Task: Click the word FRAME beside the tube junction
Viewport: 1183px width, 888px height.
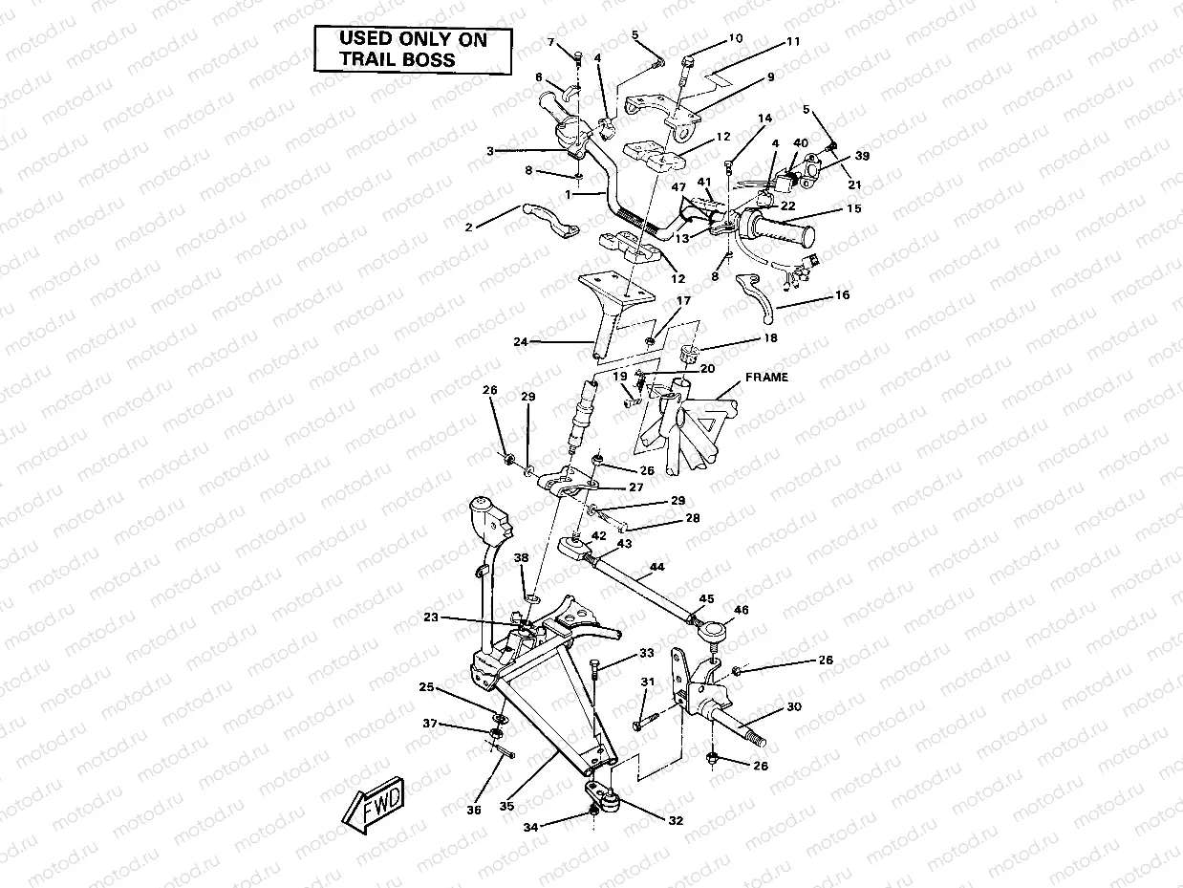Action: pos(767,378)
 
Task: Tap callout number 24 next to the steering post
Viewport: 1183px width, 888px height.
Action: pos(520,341)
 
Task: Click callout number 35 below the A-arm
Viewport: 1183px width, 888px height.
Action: pos(505,806)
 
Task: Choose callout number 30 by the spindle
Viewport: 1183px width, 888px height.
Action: pos(793,707)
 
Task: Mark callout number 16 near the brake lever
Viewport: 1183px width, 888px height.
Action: pos(842,295)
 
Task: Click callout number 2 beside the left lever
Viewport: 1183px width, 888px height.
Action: pos(467,227)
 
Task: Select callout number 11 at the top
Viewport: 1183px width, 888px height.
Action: pos(793,42)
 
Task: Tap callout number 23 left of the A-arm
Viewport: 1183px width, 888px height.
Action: pos(432,617)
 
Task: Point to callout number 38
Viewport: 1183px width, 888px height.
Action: pos(521,557)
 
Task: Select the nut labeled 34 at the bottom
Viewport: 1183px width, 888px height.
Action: pos(593,812)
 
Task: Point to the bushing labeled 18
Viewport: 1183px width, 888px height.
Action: pos(685,356)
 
